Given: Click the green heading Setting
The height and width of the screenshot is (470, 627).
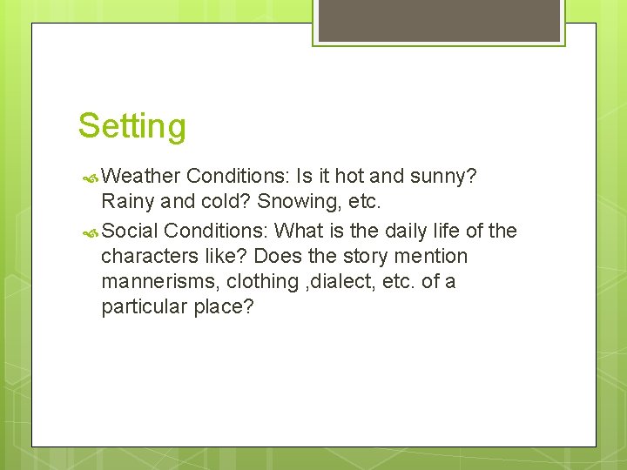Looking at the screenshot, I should (x=131, y=126).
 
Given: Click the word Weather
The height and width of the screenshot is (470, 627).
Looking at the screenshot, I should (x=140, y=177).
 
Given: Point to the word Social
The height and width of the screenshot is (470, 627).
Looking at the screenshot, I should (x=130, y=231).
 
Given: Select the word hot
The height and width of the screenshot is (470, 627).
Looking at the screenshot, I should (x=349, y=177).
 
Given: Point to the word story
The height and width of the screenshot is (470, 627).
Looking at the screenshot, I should (x=369, y=257).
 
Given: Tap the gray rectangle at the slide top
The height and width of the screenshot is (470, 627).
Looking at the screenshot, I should (x=439, y=19).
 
